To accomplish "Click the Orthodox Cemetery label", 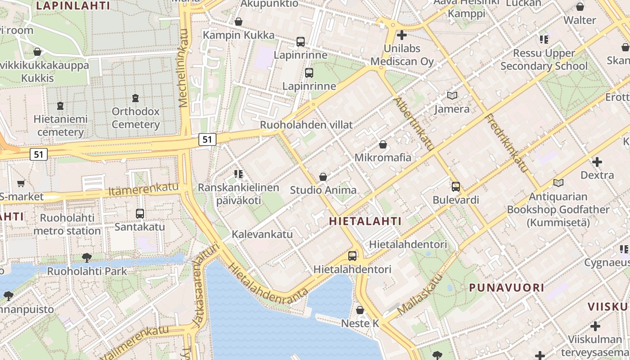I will click(x=135, y=118).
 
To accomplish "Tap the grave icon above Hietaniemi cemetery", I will click(x=60, y=106).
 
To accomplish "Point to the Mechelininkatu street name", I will click(x=183, y=68).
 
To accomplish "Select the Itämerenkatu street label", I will click(x=144, y=189).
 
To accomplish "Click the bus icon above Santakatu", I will click(x=140, y=214).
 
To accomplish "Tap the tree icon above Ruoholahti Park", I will click(x=87, y=258).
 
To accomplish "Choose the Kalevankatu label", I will click(x=262, y=234).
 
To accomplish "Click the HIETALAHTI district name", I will click(x=365, y=221).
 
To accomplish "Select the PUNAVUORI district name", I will click(x=507, y=288).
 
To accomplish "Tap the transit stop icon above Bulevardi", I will click(x=456, y=186).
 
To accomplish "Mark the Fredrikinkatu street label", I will click(x=506, y=143).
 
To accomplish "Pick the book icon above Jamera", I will click(x=452, y=96).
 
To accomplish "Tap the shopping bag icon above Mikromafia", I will click(x=383, y=144).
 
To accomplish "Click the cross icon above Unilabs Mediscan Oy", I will click(x=402, y=35).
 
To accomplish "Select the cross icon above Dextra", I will click(x=597, y=162).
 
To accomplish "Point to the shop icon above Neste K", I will click(x=360, y=310).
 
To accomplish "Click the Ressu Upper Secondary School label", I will click(x=544, y=59).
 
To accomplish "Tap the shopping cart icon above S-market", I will click(x=21, y=183).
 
